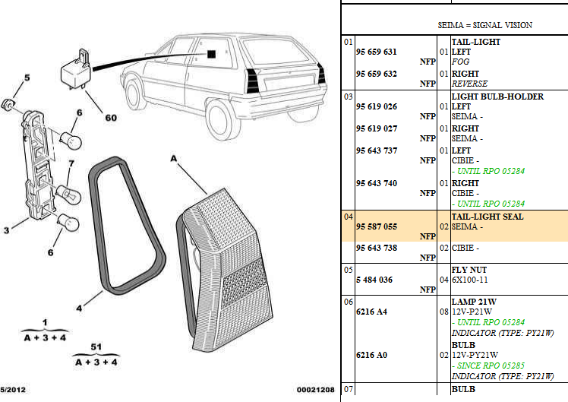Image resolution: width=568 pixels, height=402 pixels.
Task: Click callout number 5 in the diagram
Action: point(27,78)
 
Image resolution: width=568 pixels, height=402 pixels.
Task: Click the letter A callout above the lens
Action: point(173,158)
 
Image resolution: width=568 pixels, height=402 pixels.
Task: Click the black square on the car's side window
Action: point(212,55)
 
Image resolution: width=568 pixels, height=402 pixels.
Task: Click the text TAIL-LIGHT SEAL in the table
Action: point(487,217)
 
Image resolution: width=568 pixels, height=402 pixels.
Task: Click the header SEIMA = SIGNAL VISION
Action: point(484,25)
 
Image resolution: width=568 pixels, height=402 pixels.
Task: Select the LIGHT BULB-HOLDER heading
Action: point(497,97)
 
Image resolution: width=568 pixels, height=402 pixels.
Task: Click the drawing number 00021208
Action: point(315,390)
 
